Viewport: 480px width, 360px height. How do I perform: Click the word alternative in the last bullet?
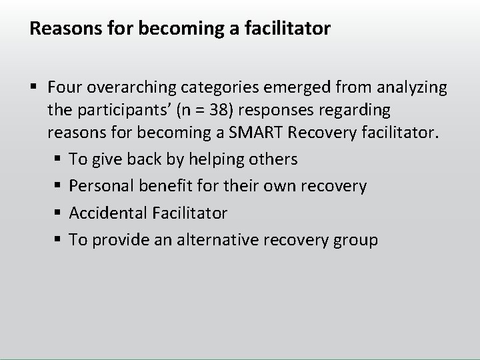coord(222,239)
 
